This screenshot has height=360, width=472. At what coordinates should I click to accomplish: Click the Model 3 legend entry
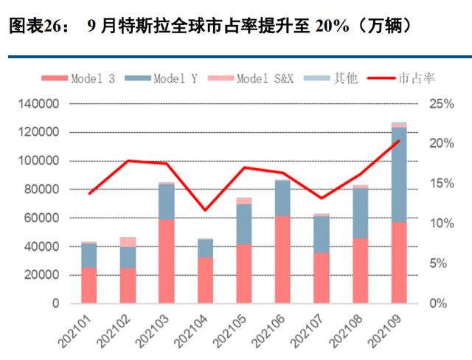(x=88, y=78)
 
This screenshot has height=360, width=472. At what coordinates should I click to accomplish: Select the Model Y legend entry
(x=167, y=78)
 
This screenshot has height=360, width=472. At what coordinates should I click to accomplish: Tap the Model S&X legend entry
(x=255, y=78)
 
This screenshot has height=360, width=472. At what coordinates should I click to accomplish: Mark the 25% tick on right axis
(x=441, y=104)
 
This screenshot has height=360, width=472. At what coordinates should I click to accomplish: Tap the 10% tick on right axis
(x=441, y=224)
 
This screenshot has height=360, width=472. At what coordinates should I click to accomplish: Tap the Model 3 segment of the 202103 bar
(x=167, y=261)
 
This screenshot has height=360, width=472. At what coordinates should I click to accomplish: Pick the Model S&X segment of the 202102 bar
(x=128, y=242)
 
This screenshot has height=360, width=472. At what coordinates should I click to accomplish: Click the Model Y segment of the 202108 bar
(x=360, y=213)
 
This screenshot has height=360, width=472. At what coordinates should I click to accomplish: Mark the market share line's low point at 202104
(x=206, y=210)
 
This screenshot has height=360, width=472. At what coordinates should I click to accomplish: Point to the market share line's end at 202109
(x=399, y=140)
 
